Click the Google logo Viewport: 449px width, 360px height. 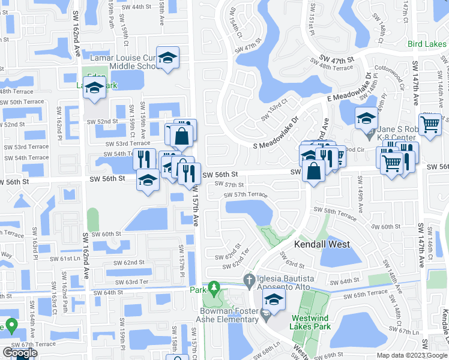[x=20, y=353]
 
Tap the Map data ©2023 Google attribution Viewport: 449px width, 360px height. [x=412, y=355]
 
